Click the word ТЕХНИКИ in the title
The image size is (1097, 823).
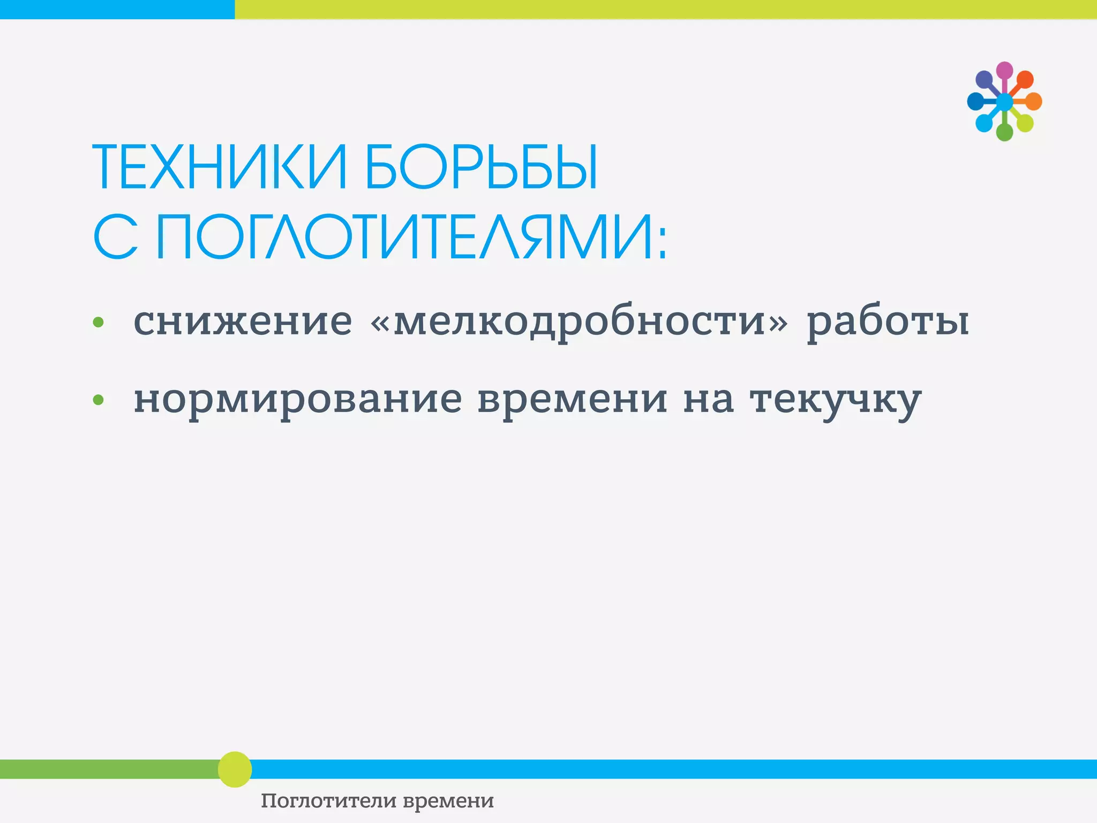[x=220, y=167]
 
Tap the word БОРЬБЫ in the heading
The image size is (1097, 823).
[x=480, y=167]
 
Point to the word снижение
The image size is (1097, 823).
[x=243, y=321]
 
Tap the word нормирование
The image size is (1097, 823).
[x=297, y=400]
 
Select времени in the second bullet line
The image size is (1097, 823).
[x=573, y=400]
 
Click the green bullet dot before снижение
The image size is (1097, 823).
[x=98, y=322]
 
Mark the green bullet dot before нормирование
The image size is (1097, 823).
[x=98, y=400]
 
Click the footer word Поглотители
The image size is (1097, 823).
[x=329, y=801]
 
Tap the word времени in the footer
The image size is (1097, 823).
[x=448, y=801]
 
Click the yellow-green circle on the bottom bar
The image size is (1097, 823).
[x=235, y=769]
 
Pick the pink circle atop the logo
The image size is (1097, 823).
[x=1004, y=70]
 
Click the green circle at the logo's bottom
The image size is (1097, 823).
[x=1004, y=132]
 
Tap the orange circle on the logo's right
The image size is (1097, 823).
[x=1034, y=101]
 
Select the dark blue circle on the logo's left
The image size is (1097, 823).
[x=975, y=101]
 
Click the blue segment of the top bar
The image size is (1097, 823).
[x=117, y=9]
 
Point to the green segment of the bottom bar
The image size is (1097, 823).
[x=107, y=769]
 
